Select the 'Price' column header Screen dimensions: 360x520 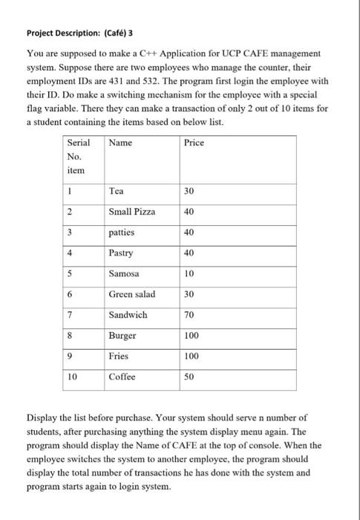point(194,142)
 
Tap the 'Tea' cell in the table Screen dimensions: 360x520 point(117,191)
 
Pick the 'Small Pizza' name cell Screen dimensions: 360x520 point(132,212)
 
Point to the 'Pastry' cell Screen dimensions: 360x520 point(122,253)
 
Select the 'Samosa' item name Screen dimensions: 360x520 point(124,273)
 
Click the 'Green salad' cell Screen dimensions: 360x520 point(131,294)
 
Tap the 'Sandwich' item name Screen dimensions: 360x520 point(128,315)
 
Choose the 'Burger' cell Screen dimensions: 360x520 point(122,336)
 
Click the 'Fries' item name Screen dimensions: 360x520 point(119,356)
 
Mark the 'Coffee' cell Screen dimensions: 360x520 point(122,377)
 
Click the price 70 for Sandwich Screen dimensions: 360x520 point(190,315)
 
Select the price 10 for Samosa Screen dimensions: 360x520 point(190,273)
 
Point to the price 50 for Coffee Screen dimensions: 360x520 point(190,377)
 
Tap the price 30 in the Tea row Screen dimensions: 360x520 point(190,191)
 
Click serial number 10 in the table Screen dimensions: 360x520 point(72,377)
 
